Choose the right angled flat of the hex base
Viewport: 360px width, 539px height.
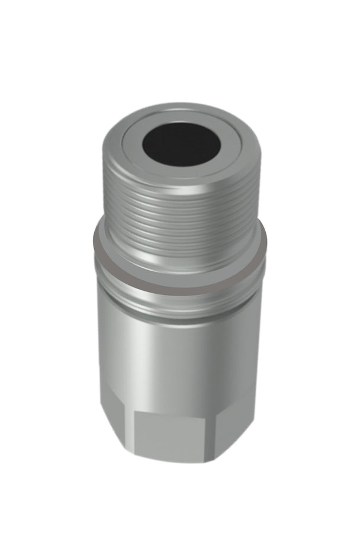tap(237, 423)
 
